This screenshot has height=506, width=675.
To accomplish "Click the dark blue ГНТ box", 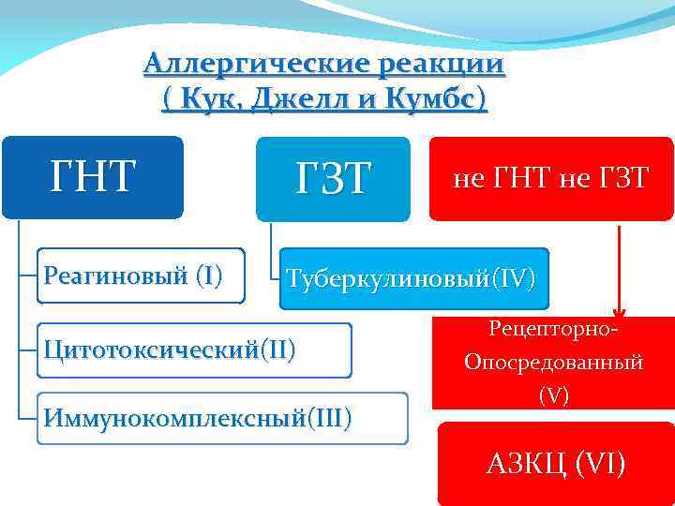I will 92,177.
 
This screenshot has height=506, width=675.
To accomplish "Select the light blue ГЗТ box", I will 334,179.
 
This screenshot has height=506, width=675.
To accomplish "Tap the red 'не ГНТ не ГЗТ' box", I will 550,179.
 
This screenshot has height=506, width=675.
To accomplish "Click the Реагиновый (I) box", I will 141,275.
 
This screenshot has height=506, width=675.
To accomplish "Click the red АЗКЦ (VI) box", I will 555,462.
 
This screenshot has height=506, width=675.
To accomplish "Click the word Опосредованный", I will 553,363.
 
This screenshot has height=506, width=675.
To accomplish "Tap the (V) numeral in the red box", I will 553,394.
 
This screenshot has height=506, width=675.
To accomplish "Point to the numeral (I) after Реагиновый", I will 207,275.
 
